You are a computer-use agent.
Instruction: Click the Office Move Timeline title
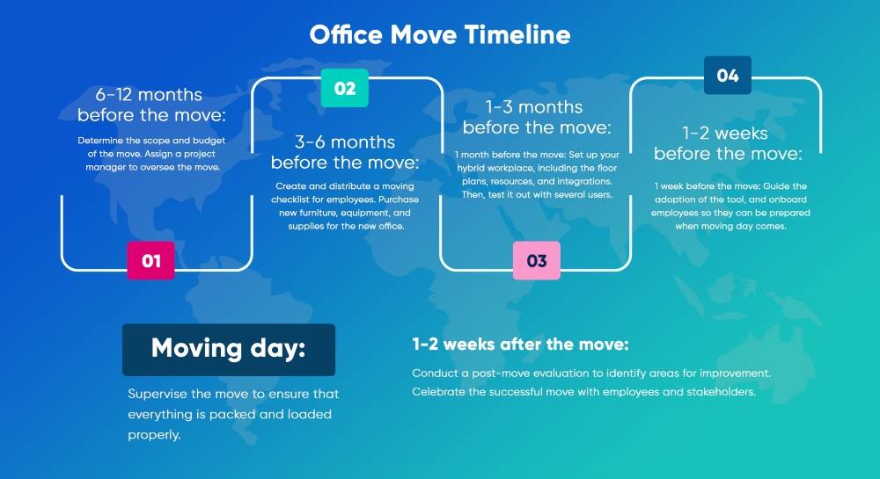tap(440, 35)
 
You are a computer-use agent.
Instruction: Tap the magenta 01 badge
tap(151, 260)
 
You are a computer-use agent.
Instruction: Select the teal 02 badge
tap(345, 88)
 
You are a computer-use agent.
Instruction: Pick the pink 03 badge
tap(537, 260)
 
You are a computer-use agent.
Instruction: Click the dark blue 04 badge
tap(728, 75)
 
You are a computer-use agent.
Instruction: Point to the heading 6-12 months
tap(149, 94)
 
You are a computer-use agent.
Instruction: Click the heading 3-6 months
tap(345, 142)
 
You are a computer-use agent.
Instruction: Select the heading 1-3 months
tap(534, 106)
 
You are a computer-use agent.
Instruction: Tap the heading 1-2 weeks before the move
tap(728, 143)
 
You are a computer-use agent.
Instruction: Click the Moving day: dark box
tap(229, 350)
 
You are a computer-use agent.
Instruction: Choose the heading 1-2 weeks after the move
tap(520, 344)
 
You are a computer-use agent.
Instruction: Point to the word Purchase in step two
tap(399, 200)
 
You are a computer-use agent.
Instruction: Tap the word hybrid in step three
tap(469, 168)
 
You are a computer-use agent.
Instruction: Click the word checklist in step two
tap(291, 200)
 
